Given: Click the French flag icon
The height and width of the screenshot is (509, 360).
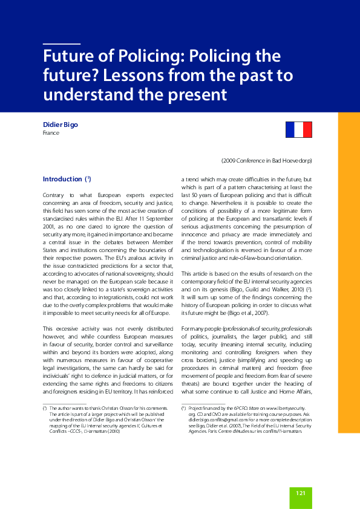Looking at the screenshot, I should [x=298, y=129].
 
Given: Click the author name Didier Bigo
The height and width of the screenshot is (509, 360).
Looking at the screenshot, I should [x=60, y=125].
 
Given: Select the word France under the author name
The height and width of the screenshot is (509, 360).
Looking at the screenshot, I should [x=50, y=132].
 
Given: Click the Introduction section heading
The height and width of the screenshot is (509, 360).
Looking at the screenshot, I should [x=62, y=179].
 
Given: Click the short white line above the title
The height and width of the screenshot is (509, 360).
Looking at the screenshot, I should [x=62, y=44].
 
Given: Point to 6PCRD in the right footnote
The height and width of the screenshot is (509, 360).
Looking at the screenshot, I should [x=242, y=409].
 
